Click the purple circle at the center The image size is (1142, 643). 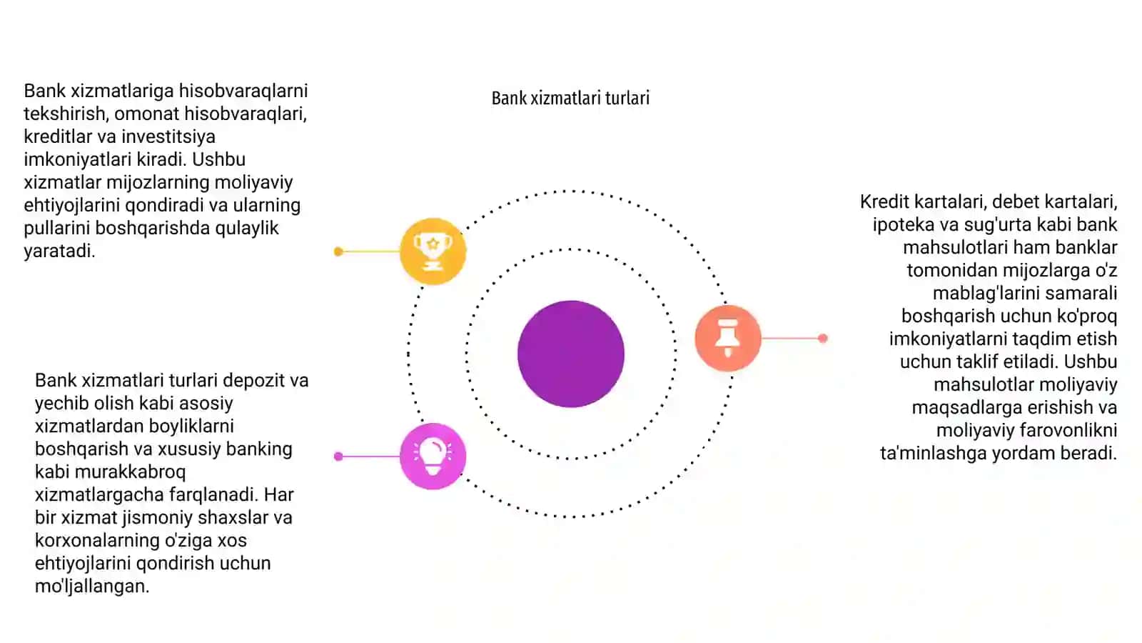click(x=570, y=354)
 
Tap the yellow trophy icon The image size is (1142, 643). click(x=433, y=251)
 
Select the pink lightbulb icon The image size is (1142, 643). click(x=433, y=457)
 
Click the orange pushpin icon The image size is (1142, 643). click(x=728, y=338)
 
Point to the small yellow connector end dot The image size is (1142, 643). click(x=338, y=251)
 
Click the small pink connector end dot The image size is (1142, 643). click(x=338, y=457)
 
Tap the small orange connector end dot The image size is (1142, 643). click(x=822, y=338)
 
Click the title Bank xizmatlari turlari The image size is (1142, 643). click(x=570, y=98)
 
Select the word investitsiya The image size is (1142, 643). click(x=168, y=136)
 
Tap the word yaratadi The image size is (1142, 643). click(x=59, y=251)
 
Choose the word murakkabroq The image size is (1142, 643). click(x=130, y=472)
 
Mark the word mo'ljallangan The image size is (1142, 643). click(x=92, y=587)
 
